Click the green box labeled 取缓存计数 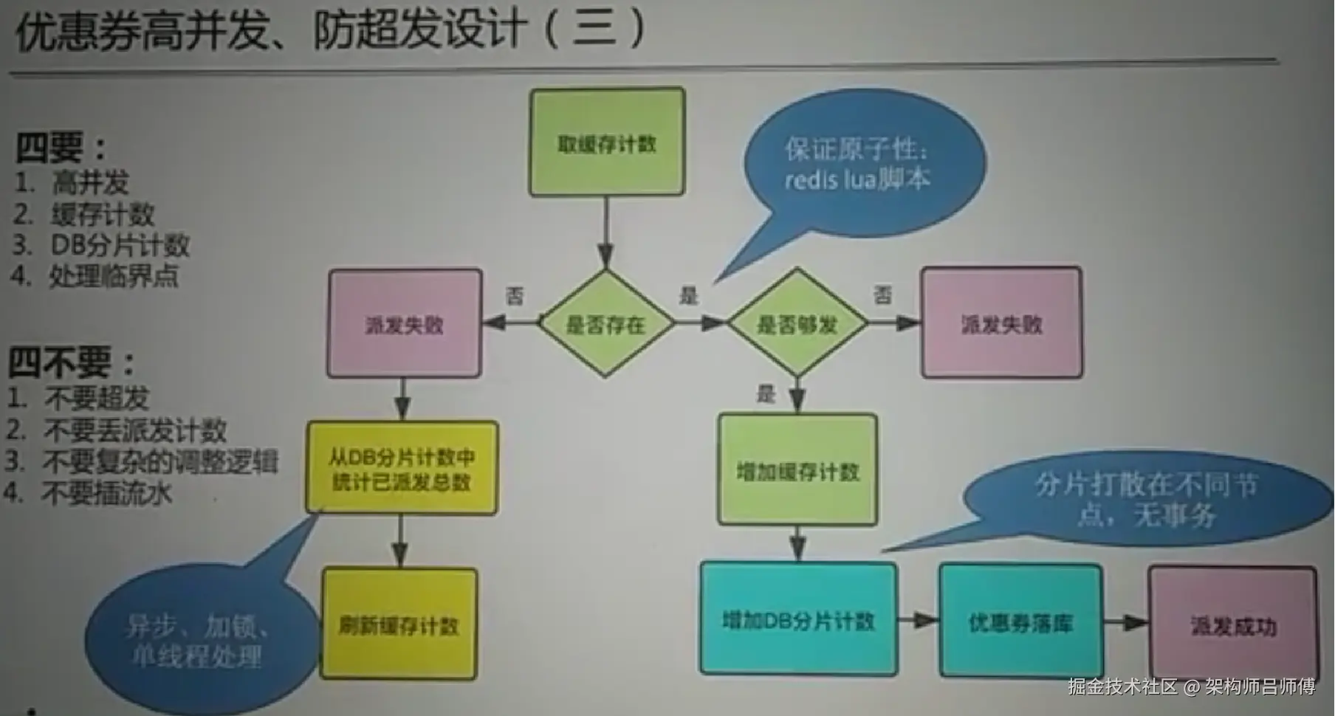[607, 142]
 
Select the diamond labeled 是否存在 [606, 323]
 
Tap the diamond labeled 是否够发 [797, 323]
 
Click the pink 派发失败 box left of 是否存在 [405, 323]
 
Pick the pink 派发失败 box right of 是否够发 [1001, 323]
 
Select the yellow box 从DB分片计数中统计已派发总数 [402, 468]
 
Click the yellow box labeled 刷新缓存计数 [399, 624]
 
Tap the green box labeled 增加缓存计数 [797, 470]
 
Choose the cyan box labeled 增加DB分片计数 [798, 619]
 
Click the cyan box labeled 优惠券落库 [1020, 622]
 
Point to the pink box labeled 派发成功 [1232, 624]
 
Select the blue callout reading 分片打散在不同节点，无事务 [1148, 499]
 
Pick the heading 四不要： [71, 362]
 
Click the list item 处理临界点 [113, 276]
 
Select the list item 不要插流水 [106, 492]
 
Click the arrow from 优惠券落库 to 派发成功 [1125, 623]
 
